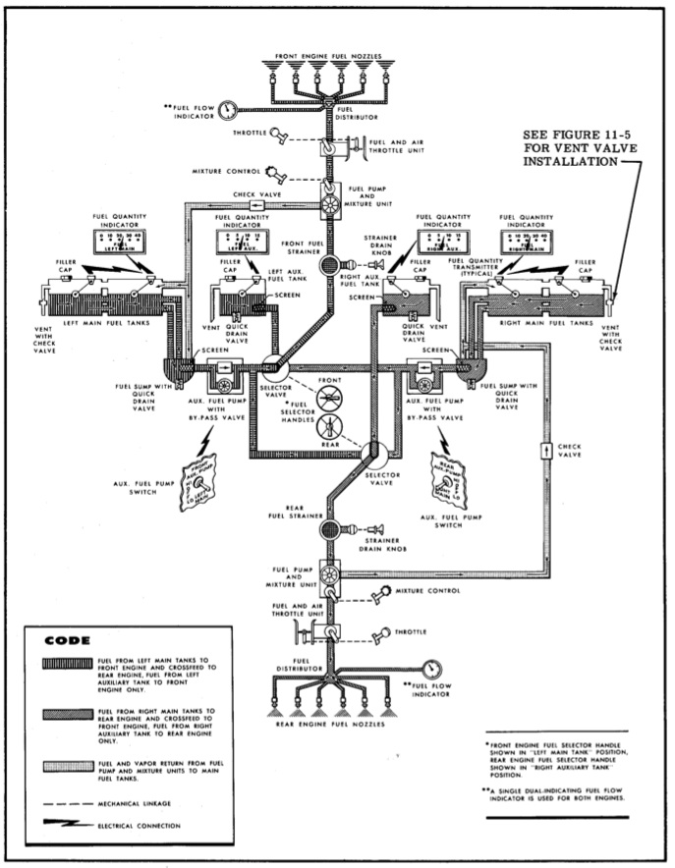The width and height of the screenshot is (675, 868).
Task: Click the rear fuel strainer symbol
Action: point(328,530)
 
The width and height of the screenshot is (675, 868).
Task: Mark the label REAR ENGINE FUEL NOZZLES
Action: point(329,732)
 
